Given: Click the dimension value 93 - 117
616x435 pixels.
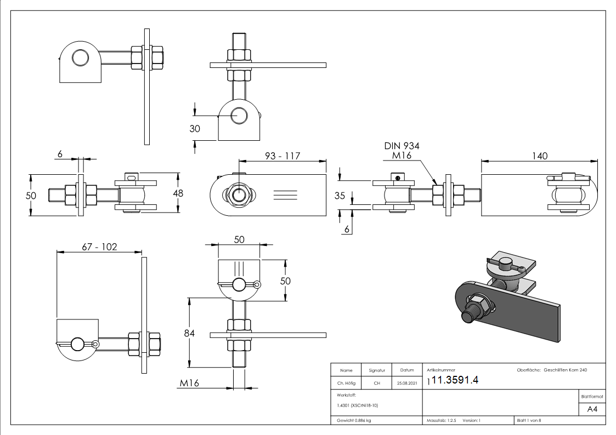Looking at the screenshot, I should coord(282,156).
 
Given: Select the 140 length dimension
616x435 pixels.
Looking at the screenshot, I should coord(539,156).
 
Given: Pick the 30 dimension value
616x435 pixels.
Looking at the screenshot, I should coord(195,129).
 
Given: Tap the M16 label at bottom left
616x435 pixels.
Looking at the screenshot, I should coord(189,384).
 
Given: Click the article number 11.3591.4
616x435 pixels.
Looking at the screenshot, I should coord(455,381).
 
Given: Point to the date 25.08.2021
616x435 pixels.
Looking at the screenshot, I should coord(406,383).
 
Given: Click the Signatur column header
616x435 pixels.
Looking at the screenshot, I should coord(377,371).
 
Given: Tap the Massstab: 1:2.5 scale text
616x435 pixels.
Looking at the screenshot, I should coord(441,421).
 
